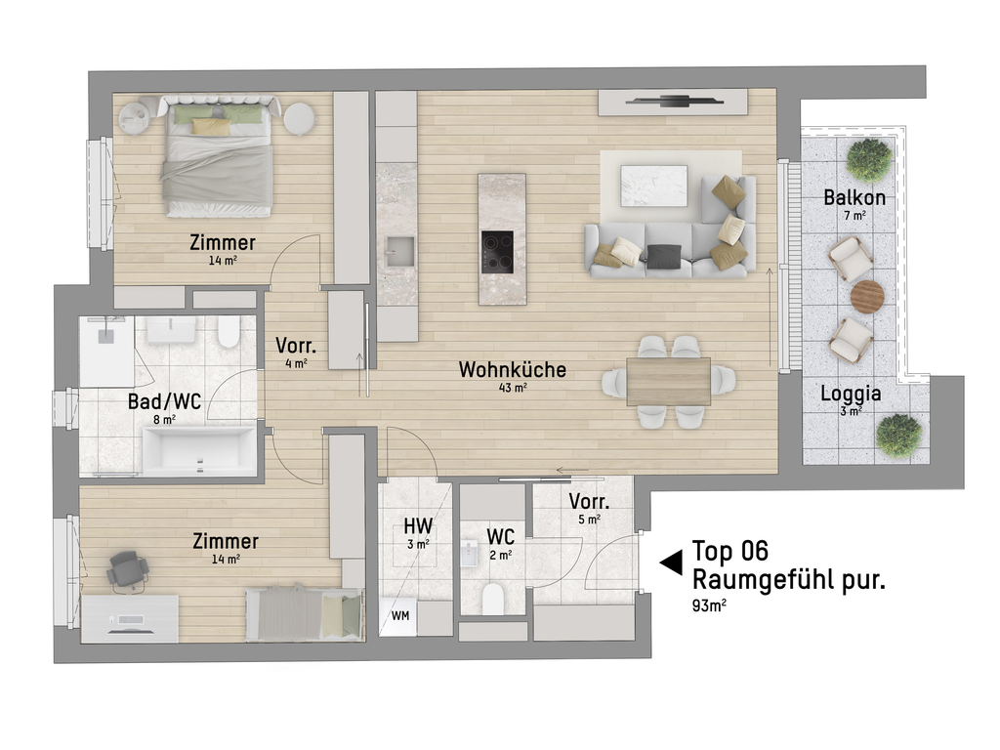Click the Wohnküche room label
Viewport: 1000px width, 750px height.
click(x=512, y=370)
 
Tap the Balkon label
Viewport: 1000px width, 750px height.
click(x=854, y=197)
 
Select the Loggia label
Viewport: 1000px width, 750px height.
click(x=851, y=394)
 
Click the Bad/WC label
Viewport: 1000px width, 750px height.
click(x=164, y=401)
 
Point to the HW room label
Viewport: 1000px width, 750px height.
click(x=418, y=526)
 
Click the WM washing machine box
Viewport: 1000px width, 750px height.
click(x=398, y=617)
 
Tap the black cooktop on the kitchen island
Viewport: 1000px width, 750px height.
click(x=497, y=252)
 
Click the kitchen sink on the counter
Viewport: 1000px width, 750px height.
click(x=398, y=252)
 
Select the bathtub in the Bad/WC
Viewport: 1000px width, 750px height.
click(x=199, y=451)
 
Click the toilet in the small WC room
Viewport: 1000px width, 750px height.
click(x=493, y=598)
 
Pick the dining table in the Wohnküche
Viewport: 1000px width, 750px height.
click(x=668, y=382)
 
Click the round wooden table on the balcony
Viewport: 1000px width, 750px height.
click(x=867, y=297)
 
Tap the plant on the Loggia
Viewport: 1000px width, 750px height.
click(x=898, y=435)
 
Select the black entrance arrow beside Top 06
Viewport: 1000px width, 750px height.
click(x=671, y=563)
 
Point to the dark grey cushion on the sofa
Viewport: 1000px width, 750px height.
click(x=664, y=256)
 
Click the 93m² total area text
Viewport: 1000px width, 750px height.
click(x=709, y=605)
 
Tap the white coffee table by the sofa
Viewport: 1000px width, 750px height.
click(x=654, y=186)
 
